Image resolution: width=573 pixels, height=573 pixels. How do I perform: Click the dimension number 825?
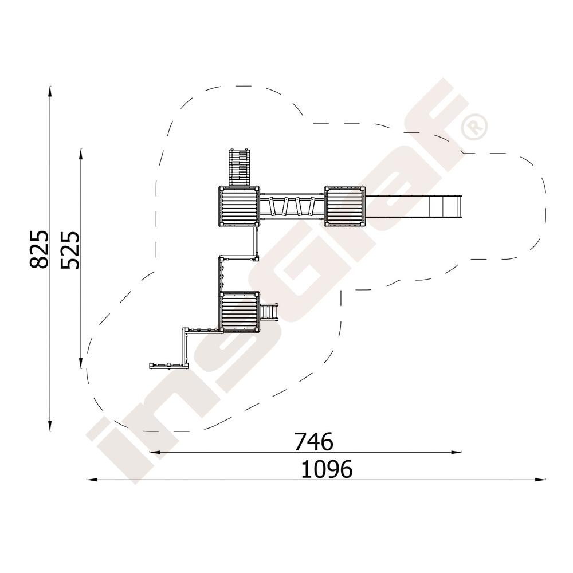pyautogui.click(x=39, y=250)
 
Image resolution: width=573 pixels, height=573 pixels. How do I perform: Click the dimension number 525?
pyautogui.click(x=70, y=250)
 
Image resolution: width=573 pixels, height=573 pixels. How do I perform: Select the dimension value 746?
pyautogui.click(x=313, y=441)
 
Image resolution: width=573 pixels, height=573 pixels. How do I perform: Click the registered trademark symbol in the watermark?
pyautogui.click(x=474, y=127)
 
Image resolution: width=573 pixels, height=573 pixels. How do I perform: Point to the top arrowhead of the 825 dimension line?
pyautogui.click(x=50, y=91)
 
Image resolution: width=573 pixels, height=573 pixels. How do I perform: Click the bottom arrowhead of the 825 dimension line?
pyautogui.click(x=50, y=426)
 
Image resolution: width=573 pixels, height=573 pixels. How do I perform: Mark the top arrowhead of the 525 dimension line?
pyautogui.click(x=81, y=154)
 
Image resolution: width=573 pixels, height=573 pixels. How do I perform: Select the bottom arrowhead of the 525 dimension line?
pyautogui.click(x=81, y=363)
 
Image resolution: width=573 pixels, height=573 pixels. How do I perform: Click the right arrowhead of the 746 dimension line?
pyautogui.click(x=457, y=453)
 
